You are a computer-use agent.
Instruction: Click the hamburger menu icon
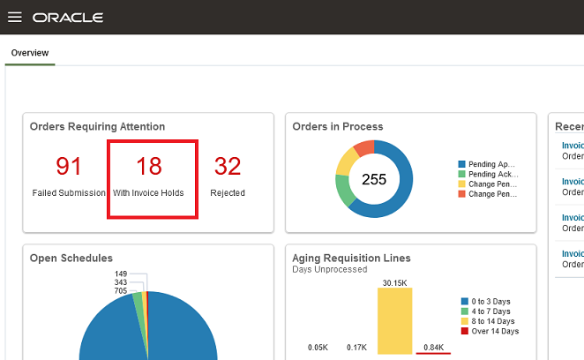tap(14, 18)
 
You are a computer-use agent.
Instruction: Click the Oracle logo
tap(68, 18)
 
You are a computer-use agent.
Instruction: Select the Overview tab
tap(29, 53)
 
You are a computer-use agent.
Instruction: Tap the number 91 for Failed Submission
tap(69, 166)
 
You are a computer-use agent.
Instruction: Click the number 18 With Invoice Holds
tap(149, 166)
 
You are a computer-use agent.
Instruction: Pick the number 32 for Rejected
tap(228, 166)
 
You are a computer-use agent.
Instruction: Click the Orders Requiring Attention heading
tap(97, 126)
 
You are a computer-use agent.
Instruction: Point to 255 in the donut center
tap(374, 179)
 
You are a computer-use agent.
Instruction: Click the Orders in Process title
tap(338, 126)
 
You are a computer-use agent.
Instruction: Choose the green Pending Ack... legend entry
tap(491, 174)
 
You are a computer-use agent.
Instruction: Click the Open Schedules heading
tap(71, 258)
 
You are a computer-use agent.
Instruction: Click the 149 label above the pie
tap(121, 274)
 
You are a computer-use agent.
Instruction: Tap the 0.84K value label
tap(433, 348)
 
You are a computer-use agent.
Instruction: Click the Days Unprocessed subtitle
tap(329, 268)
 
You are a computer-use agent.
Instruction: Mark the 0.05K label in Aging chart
tap(318, 348)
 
